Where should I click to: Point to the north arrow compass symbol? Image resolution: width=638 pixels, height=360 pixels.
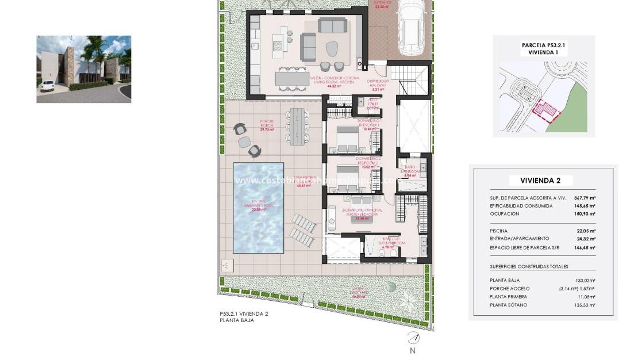coord(413,338)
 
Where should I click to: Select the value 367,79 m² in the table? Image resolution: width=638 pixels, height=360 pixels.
coord(585,198)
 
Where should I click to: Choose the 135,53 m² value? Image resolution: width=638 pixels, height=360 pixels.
coord(585,305)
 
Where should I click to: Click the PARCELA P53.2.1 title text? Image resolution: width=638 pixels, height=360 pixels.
coord(544,44)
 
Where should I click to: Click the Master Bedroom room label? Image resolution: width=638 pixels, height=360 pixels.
coord(362,212)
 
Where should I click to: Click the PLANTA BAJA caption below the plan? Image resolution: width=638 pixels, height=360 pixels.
coord(237,320)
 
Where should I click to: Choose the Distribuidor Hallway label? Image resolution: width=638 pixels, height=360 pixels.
coord(378,83)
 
